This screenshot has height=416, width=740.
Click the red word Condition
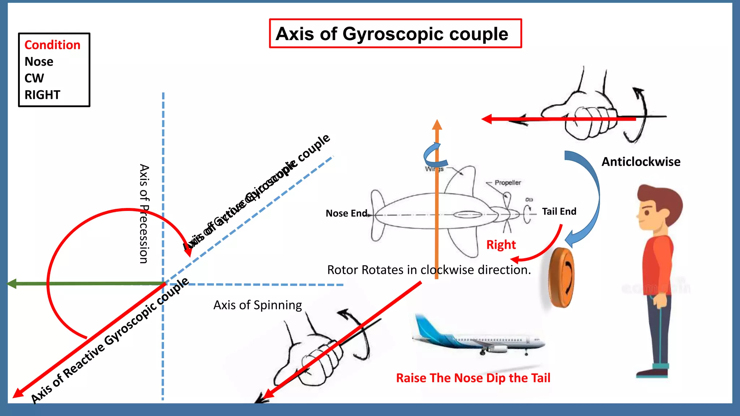point(52,45)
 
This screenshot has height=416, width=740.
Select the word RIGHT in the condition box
point(42,95)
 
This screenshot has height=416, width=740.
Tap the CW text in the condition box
point(34,78)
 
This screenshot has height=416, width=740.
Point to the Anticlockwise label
point(641,162)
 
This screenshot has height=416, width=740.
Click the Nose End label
point(346,213)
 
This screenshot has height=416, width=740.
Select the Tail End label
point(559,212)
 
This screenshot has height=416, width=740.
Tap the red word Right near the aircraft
point(501,245)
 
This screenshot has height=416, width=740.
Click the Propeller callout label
point(508,183)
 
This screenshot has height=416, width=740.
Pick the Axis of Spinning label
point(257,305)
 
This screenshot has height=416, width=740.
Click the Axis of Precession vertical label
point(144,214)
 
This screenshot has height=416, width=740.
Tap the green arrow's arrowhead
point(12,284)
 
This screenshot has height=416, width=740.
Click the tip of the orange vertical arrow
point(437,123)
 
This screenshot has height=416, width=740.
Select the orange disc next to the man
point(561,277)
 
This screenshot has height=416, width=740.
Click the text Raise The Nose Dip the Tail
point(473,378)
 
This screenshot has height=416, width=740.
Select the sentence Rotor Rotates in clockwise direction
point(429,270)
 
